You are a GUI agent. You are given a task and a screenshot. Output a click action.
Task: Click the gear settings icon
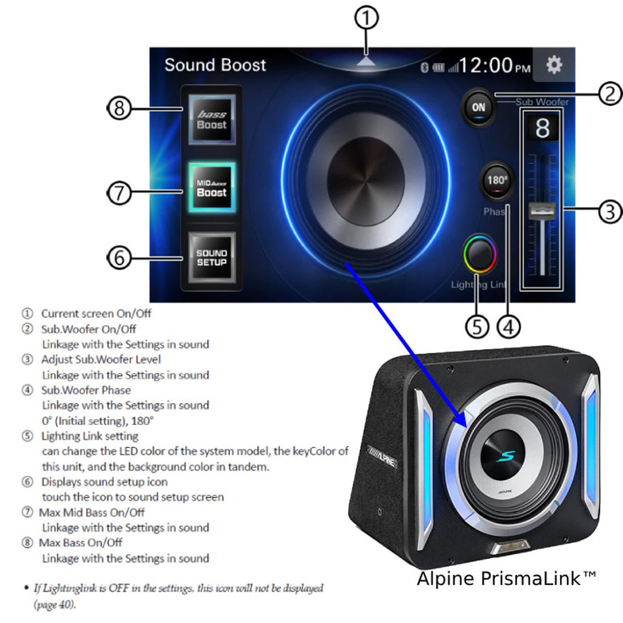[554, 64]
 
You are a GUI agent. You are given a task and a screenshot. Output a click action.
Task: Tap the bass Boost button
[212, 119]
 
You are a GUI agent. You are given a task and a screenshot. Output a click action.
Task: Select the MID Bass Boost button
[212, 187]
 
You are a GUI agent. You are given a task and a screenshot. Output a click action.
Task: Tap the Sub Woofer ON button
[478, 108]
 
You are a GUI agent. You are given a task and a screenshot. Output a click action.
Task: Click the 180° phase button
[497, 181]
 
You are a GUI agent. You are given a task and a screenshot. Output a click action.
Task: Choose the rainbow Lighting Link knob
[480, 254]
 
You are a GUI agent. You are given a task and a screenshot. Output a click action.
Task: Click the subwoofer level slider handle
[542, 210]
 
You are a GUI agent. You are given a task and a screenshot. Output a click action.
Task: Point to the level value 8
[543, 128]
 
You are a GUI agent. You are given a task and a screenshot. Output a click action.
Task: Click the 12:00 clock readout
[495, 65]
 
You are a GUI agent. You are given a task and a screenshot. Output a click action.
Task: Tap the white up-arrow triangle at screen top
[366, 60]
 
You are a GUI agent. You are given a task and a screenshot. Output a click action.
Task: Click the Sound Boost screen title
[215, 65]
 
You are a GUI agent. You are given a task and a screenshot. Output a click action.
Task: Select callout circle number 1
[366, 18]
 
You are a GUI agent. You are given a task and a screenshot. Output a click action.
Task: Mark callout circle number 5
[477, 328]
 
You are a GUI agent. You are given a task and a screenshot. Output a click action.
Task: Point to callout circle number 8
[119, 108]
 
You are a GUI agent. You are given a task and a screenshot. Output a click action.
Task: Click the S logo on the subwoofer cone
[506, 457]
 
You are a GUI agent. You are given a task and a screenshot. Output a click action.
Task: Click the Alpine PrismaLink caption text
[506, 579]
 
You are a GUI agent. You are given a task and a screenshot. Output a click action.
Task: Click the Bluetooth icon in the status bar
[424, 67]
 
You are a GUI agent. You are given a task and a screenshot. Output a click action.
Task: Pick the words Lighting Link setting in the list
[90, 436]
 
